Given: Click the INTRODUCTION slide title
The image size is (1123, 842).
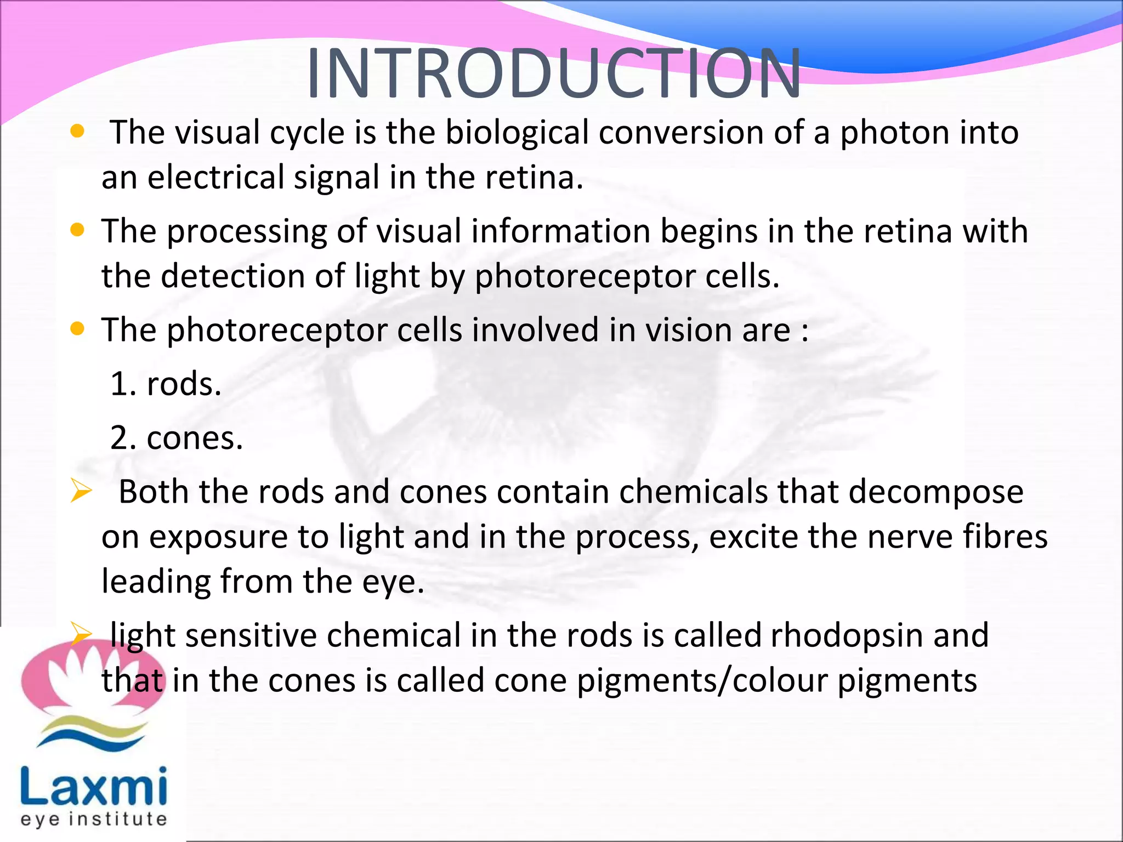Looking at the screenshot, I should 554,74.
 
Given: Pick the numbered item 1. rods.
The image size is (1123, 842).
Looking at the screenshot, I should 166,384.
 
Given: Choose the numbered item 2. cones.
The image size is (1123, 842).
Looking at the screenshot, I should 177,438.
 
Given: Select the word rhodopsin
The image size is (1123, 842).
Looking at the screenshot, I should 847,635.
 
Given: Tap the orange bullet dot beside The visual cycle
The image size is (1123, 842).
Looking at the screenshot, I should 78,131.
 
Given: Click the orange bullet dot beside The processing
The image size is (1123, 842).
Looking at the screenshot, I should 78,230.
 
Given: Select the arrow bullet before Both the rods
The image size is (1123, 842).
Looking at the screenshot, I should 81,490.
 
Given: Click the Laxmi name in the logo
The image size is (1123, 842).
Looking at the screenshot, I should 94,786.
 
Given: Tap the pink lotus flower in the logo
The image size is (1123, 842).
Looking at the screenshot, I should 90,677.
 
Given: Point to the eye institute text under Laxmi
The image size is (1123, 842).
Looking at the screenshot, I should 94,819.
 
